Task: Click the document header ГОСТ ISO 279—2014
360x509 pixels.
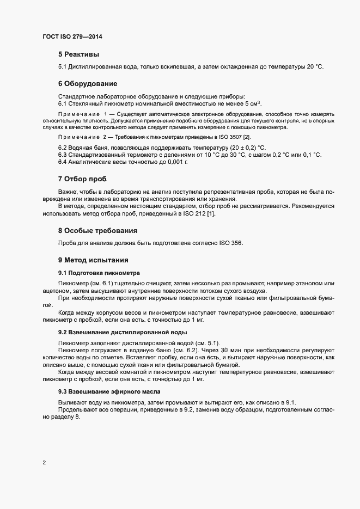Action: pyautogui.click(x=72, y=37)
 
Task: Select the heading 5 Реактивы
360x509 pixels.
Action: pyautogui.click(x=78, y=54)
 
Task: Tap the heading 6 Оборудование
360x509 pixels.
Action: pyautogui.click(x=88, y=84)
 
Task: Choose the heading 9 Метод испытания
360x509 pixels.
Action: pyautogui.click(x=93, y=260)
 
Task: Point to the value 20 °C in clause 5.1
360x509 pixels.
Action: pyautogui.click(x=315, y=66)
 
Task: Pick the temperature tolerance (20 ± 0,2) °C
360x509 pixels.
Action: pyautogui.click(x=241, y=148)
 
